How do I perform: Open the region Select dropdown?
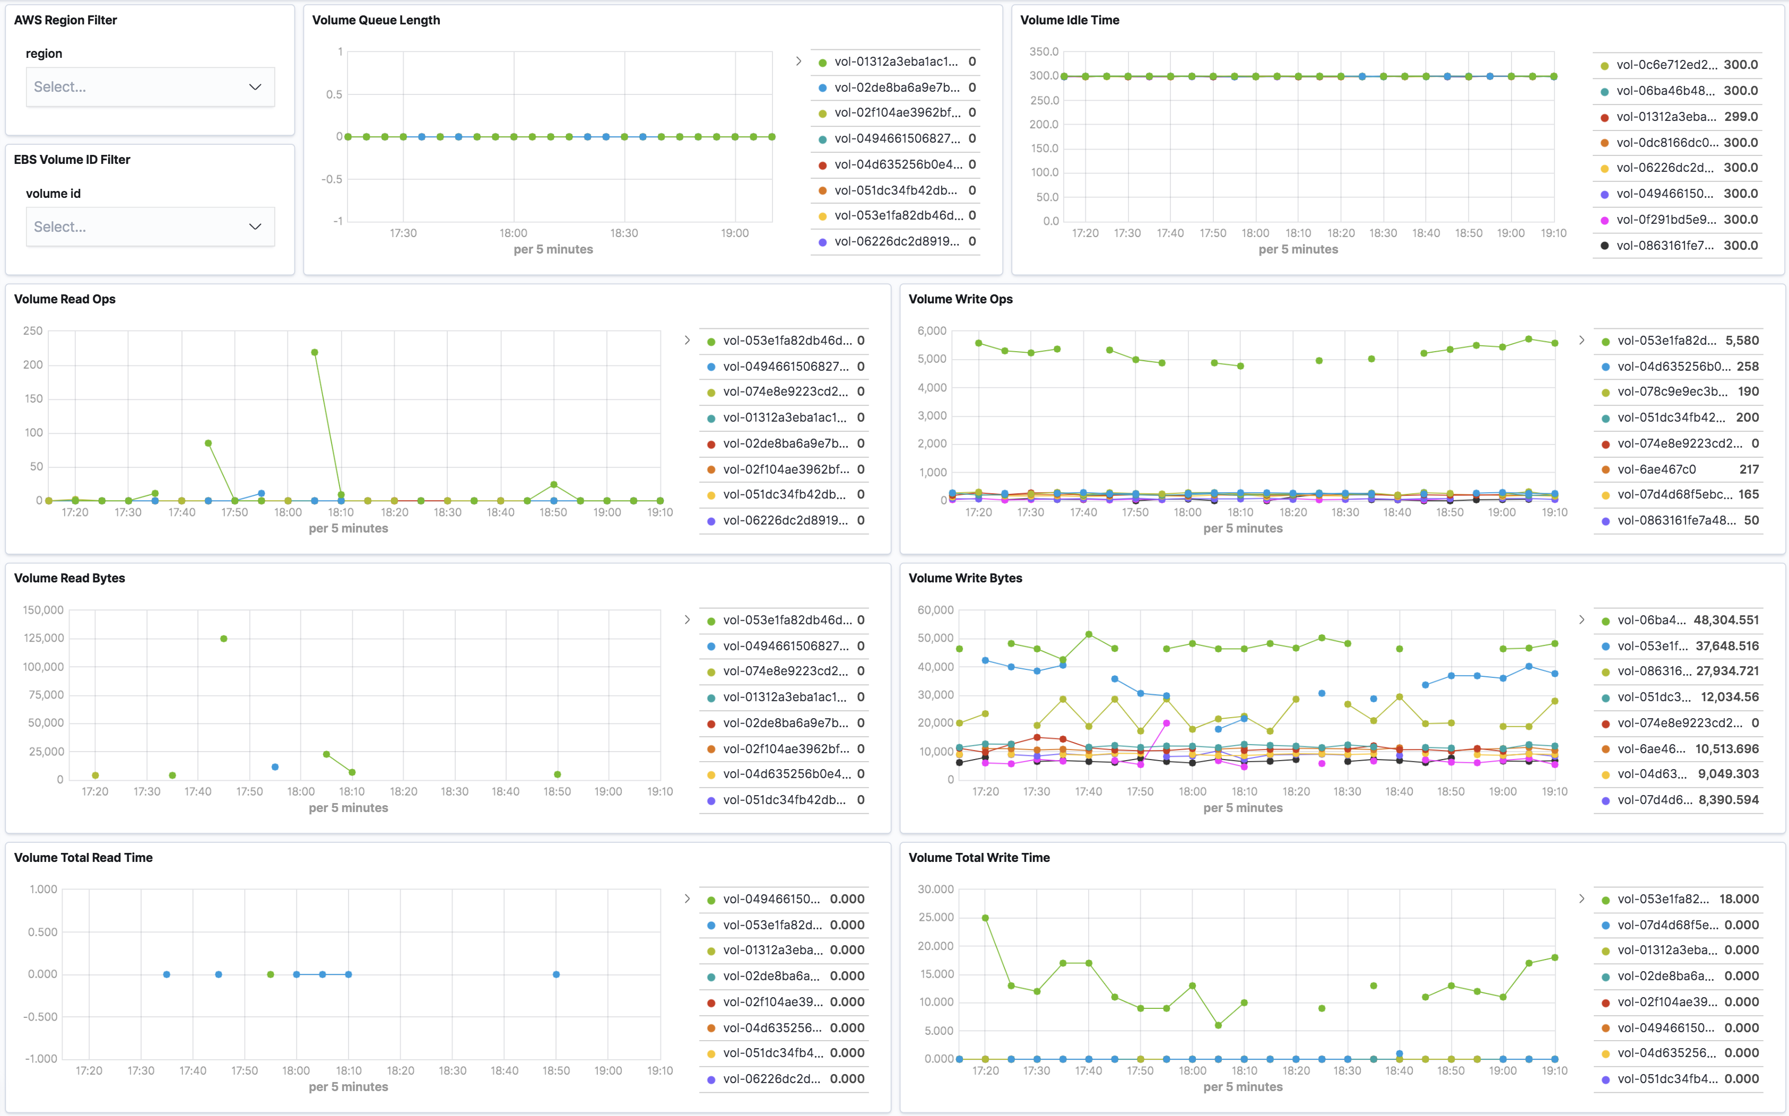point(150,87)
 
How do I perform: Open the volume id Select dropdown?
point(150,226)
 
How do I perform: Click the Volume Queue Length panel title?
point(376,20)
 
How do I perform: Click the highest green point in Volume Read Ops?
point(315,352)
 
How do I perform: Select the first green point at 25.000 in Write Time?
point(985,918)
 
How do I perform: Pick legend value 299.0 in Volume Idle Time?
point(1740,117)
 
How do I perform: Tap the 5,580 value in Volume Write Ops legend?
point(1742,340)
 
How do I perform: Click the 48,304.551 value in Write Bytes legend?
point(1725,620)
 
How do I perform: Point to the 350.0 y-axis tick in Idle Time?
point(1044,51)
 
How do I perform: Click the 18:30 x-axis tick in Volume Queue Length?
point(623,233)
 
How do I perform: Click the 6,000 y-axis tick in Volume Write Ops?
point(932,330)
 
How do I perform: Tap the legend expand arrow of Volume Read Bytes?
point(687,620)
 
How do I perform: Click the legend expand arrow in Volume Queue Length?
point(798,61)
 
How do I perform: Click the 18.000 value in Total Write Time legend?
point(1739,899)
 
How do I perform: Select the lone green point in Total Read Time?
point(270,974)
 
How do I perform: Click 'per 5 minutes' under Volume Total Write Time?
point(1242,1086)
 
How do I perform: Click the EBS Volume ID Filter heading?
point(72,160)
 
